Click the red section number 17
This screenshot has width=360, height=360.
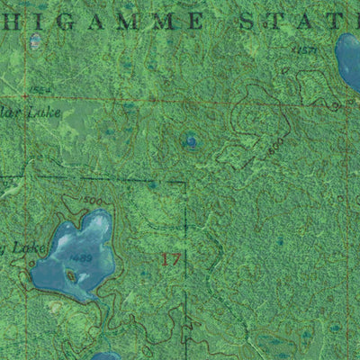click(171, 260)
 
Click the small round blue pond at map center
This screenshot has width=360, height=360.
click(191, 140)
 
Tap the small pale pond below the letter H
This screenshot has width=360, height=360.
click(36, 40)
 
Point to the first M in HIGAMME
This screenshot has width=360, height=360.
click(136, 19)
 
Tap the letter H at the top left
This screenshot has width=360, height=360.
click(14, 19)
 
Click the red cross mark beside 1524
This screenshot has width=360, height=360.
click(24, 94)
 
